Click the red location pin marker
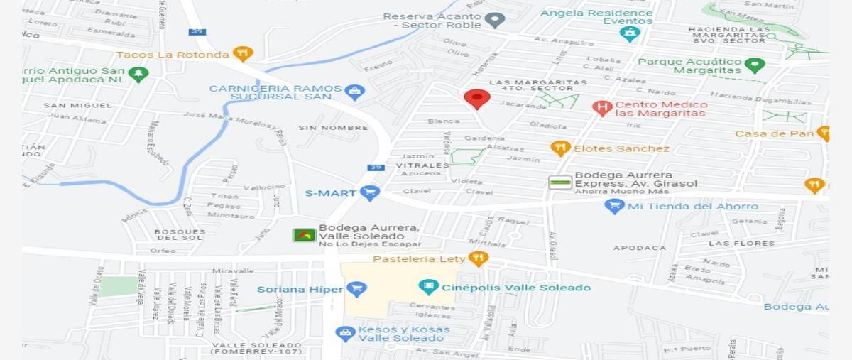[x=476, y=99]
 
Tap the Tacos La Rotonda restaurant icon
[x=243, y=54]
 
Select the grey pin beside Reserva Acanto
[x=496, y=20]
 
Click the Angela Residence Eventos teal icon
[x=629, y=33]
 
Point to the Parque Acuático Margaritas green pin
[x=755, y=65]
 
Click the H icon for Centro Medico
[x=602, y=108]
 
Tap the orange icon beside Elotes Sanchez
[x=560, y=148]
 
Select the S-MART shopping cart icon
[x=369, y=192]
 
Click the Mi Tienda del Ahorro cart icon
[x=614, y=207]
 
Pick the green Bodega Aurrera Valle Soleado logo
[x=304, y=235]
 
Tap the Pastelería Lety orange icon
[x=479, y=258]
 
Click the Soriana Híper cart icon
[x=356, y=289]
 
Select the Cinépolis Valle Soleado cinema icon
[x=429, y=288]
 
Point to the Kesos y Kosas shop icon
[x=346, y=333]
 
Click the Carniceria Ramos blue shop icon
[x=354, y=92]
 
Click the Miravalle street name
[x=232, y=271]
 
